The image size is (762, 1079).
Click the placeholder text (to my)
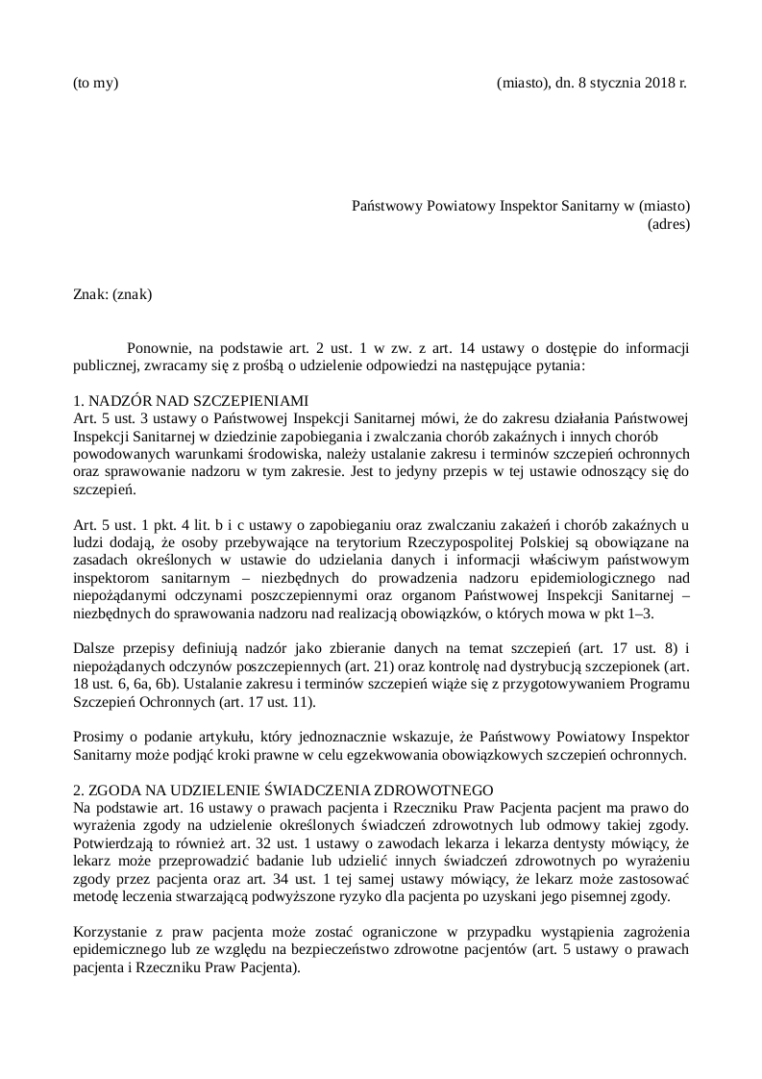point(95,83)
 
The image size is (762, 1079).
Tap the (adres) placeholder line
point(669,224)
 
